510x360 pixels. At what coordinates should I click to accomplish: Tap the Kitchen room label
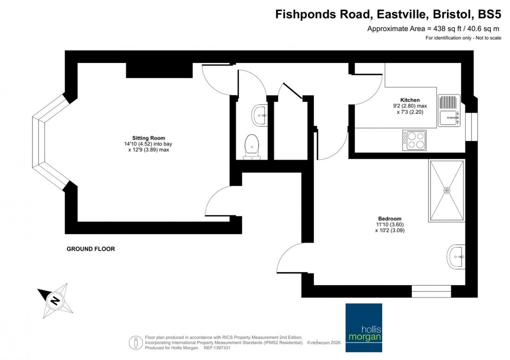[x=410, y=100]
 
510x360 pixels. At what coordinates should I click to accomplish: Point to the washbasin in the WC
[x=259, y=114]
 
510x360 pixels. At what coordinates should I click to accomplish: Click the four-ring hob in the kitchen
[x=414, y=140]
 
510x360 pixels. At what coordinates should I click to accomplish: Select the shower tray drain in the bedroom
[x=446, y=190]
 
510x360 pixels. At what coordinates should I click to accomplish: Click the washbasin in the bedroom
[x=456, y=256]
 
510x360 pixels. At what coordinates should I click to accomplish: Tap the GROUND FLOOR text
[x=90, y=249]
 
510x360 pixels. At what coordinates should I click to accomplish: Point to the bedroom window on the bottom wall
[x=431, y=291]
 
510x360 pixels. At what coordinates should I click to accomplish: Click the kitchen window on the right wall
[x=471, y=126]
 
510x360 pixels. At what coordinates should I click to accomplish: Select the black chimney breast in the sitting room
[x=159, y=70]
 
